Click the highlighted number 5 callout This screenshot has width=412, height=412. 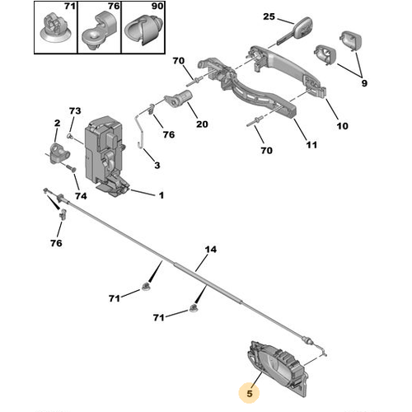250,393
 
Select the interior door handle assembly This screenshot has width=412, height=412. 277,368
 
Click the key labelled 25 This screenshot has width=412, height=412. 295,30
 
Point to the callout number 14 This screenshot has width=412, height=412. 211,250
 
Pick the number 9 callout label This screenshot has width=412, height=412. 364,83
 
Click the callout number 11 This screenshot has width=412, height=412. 311,145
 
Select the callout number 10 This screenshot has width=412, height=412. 342,126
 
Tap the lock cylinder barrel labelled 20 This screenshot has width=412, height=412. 178,99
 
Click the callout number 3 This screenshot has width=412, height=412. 157,166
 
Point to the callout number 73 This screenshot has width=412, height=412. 75,111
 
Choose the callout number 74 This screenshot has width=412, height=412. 81,196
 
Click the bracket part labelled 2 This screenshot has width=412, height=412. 59,152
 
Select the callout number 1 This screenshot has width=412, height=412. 162,195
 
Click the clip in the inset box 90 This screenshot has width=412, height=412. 143,30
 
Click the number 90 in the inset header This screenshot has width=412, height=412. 157,6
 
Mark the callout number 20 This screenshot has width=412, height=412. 202,124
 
